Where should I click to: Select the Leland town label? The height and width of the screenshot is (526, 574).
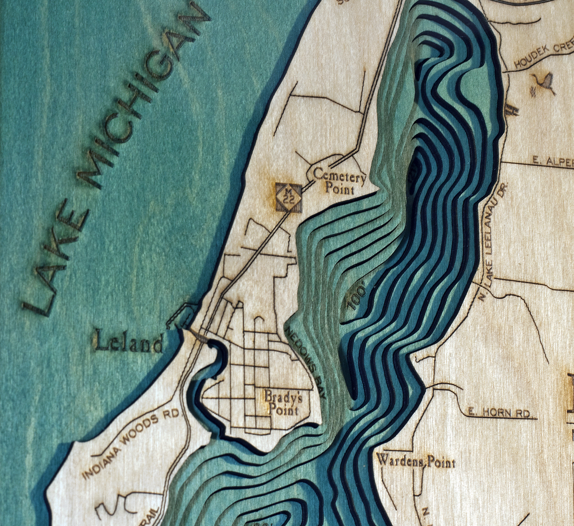point(129,342)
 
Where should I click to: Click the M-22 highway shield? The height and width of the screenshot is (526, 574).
point(289,197)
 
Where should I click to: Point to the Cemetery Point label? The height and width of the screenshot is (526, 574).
point(340,181)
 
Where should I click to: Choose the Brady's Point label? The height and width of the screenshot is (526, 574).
point(283,403)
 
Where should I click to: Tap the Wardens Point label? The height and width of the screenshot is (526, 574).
point(415,462)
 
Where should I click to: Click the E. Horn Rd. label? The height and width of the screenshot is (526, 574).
point(499,413)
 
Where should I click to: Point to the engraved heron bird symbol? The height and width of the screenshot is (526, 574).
point(543,83)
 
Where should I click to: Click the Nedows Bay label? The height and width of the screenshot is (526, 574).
point(305,362)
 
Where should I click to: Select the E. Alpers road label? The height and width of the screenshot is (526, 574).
point(552,162)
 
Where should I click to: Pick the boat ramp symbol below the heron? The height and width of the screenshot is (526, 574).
point(511,109)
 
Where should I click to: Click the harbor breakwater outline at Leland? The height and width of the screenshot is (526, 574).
point(183,314)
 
